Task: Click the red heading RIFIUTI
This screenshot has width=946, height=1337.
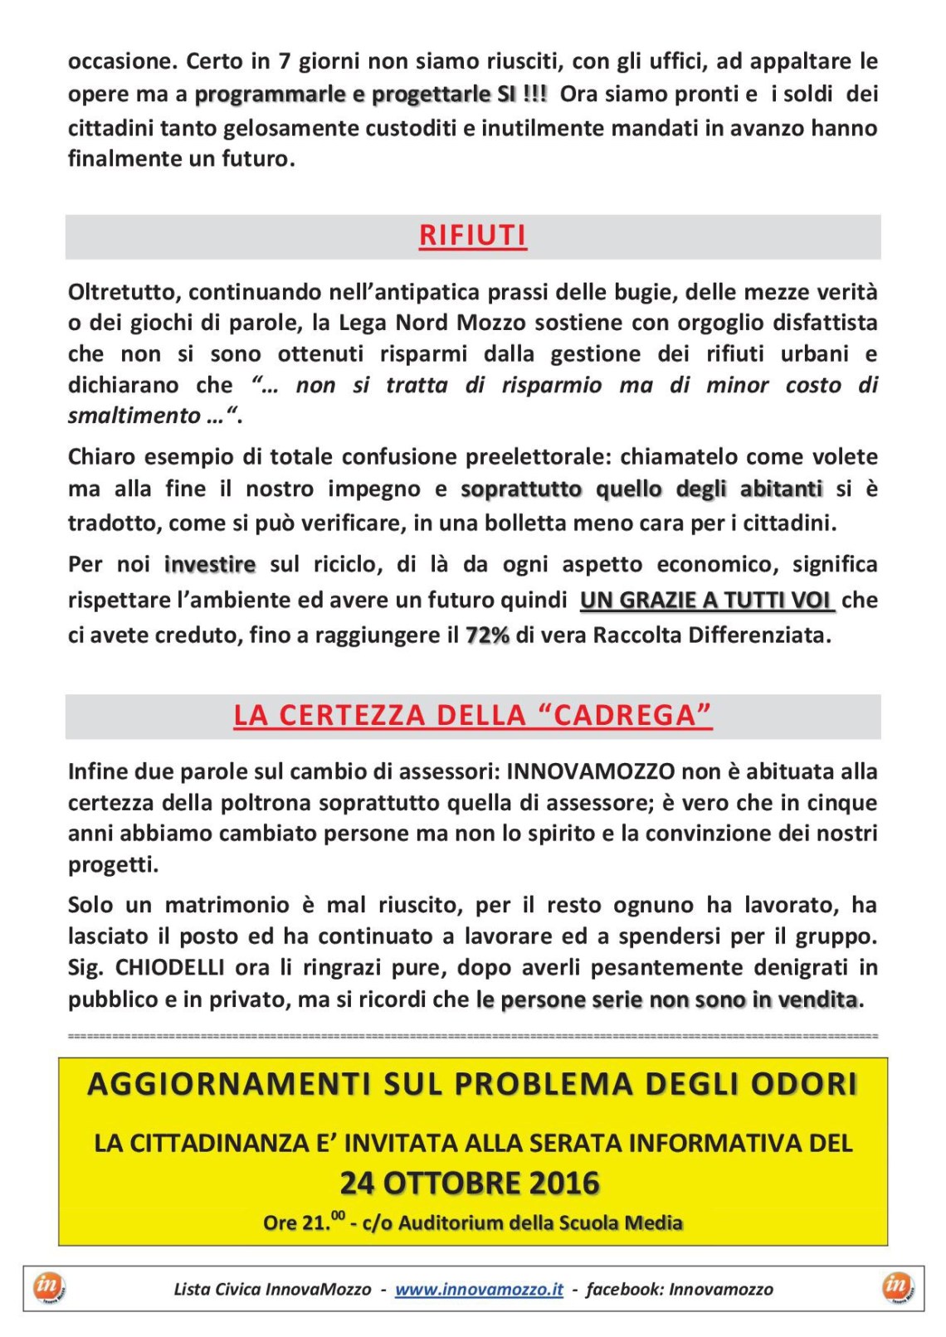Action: click(x=472, y=236)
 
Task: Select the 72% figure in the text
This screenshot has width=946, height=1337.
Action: click(x=487, y=636)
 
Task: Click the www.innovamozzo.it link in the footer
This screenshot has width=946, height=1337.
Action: click(x=479, y=1289)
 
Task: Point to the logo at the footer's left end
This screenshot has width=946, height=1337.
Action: click(x=49, y=1288)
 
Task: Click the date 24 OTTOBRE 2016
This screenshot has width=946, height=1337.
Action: click(x=470, y=1183)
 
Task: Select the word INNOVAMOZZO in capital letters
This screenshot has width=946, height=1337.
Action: click(x=590, y=771)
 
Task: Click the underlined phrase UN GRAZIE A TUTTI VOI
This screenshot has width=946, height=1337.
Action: click(x=706, y=600)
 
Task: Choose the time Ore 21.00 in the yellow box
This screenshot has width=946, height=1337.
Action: click(x=302, y=1223)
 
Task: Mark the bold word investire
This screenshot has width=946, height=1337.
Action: click(x=210, y=565)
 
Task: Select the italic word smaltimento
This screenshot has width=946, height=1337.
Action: click(x=134, y=416)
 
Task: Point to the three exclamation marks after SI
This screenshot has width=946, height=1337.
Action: click(x=535, y=94)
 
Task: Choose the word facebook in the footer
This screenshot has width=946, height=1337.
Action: click(x=623, y=1289)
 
